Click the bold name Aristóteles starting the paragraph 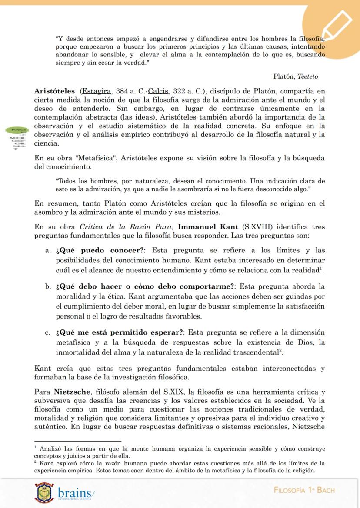pyautogui.click(x=55, y=92)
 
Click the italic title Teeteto pyautogui.click(x=308, y=76)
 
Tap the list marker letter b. pyautogui.click(x=47, y=287)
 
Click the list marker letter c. pyautogui.click(x=47, y=333)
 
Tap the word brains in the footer pyautogui.click(x=75, y=493)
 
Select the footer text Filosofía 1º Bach pyautogui.click(x=304, y=490)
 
